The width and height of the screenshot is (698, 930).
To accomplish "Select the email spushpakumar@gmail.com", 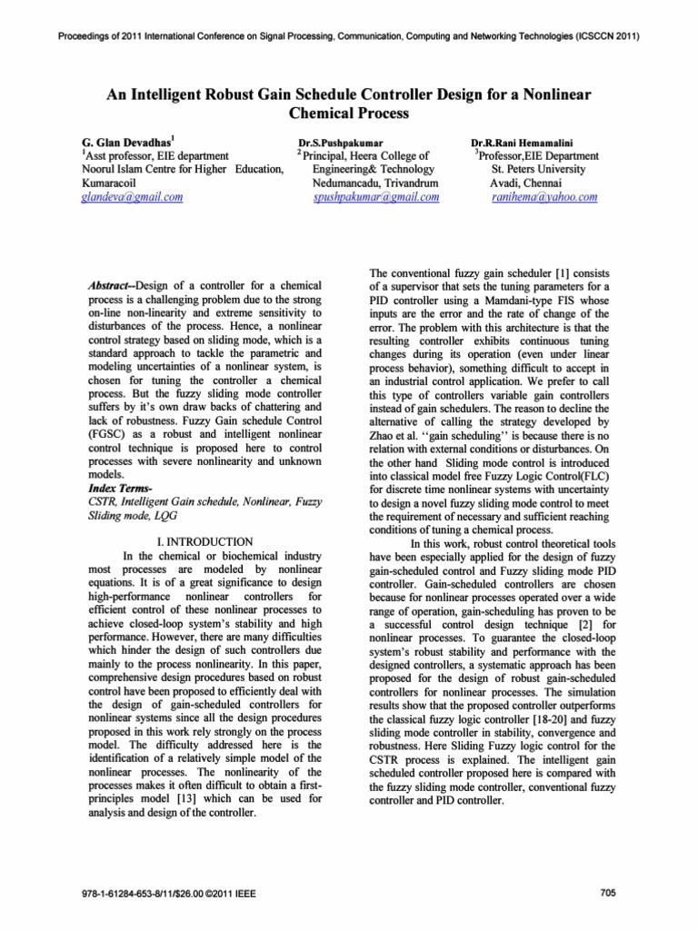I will click(x=375, y=196).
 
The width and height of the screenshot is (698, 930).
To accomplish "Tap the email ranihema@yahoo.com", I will click(x=543, y=196).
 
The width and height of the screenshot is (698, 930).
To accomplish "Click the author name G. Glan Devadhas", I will click(x=123, y=143).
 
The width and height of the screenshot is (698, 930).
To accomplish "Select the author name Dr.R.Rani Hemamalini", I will click(x=523, y=143).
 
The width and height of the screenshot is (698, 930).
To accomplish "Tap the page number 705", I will click(x=609, y=893).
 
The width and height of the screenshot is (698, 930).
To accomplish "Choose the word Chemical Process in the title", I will click(x=349, y=114).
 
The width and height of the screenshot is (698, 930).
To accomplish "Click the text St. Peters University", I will click(x=546, y=169).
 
